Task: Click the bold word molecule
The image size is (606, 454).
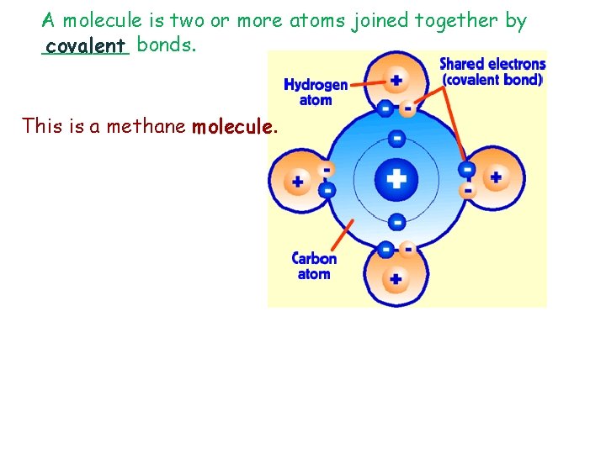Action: [x=233, y=127]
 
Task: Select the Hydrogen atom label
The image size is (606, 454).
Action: [x=316, y=92]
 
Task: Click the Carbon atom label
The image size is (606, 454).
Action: [x=314, y=266]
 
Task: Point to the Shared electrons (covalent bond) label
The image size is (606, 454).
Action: [x=492, y=72]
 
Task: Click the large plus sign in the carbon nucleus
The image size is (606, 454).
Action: [x=396, y=178]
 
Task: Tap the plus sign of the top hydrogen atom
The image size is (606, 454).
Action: [x=396, y=81]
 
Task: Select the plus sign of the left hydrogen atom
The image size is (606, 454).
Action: [x=297, y=181]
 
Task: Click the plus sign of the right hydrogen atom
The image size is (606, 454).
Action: [x=496, y=177]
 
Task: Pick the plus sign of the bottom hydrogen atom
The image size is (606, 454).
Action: [x=396, y=278]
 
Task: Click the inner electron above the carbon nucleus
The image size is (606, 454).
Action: [x=396, y=139]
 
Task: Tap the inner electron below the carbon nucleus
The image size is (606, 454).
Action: [x=396, y=222]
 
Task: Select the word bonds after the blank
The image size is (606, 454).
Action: [x=166, y=45]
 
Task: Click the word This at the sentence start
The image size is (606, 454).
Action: [x=41, y=127]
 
